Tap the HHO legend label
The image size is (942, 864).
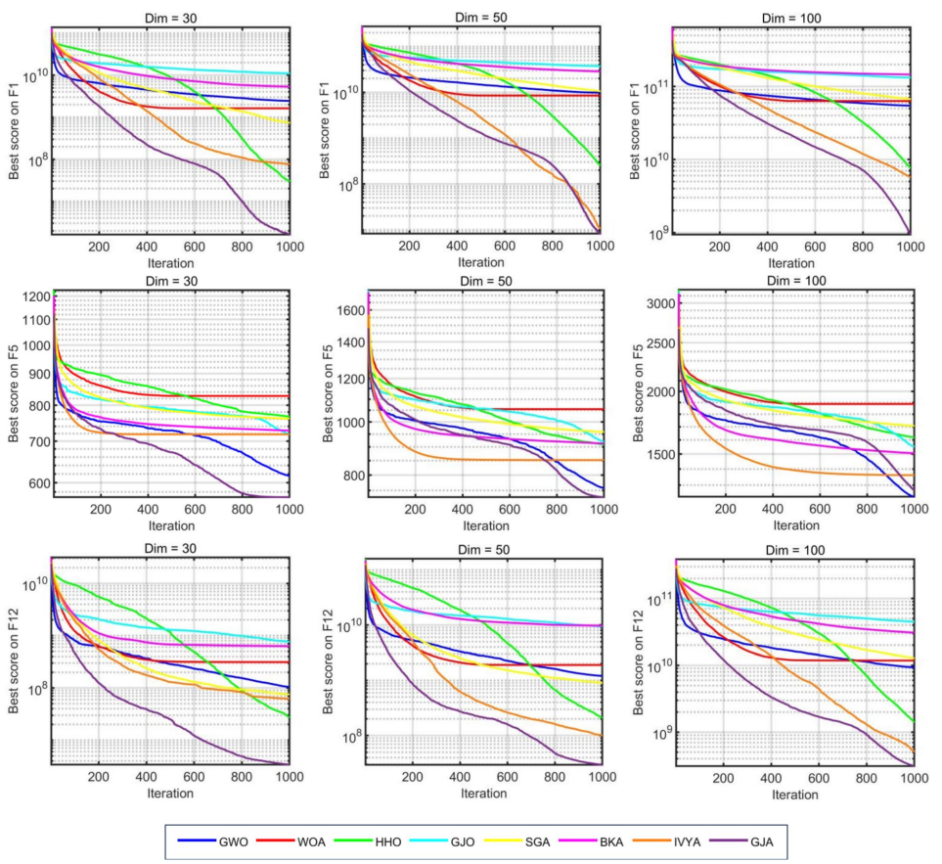[x=388, y=840]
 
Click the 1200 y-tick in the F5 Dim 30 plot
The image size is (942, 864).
[x=29, y=297]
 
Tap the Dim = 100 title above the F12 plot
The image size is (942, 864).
[x=794, y=550]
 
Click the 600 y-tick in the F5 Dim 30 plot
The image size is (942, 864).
[x=33, y=483]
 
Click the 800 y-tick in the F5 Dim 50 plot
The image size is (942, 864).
[x=347, y=476]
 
